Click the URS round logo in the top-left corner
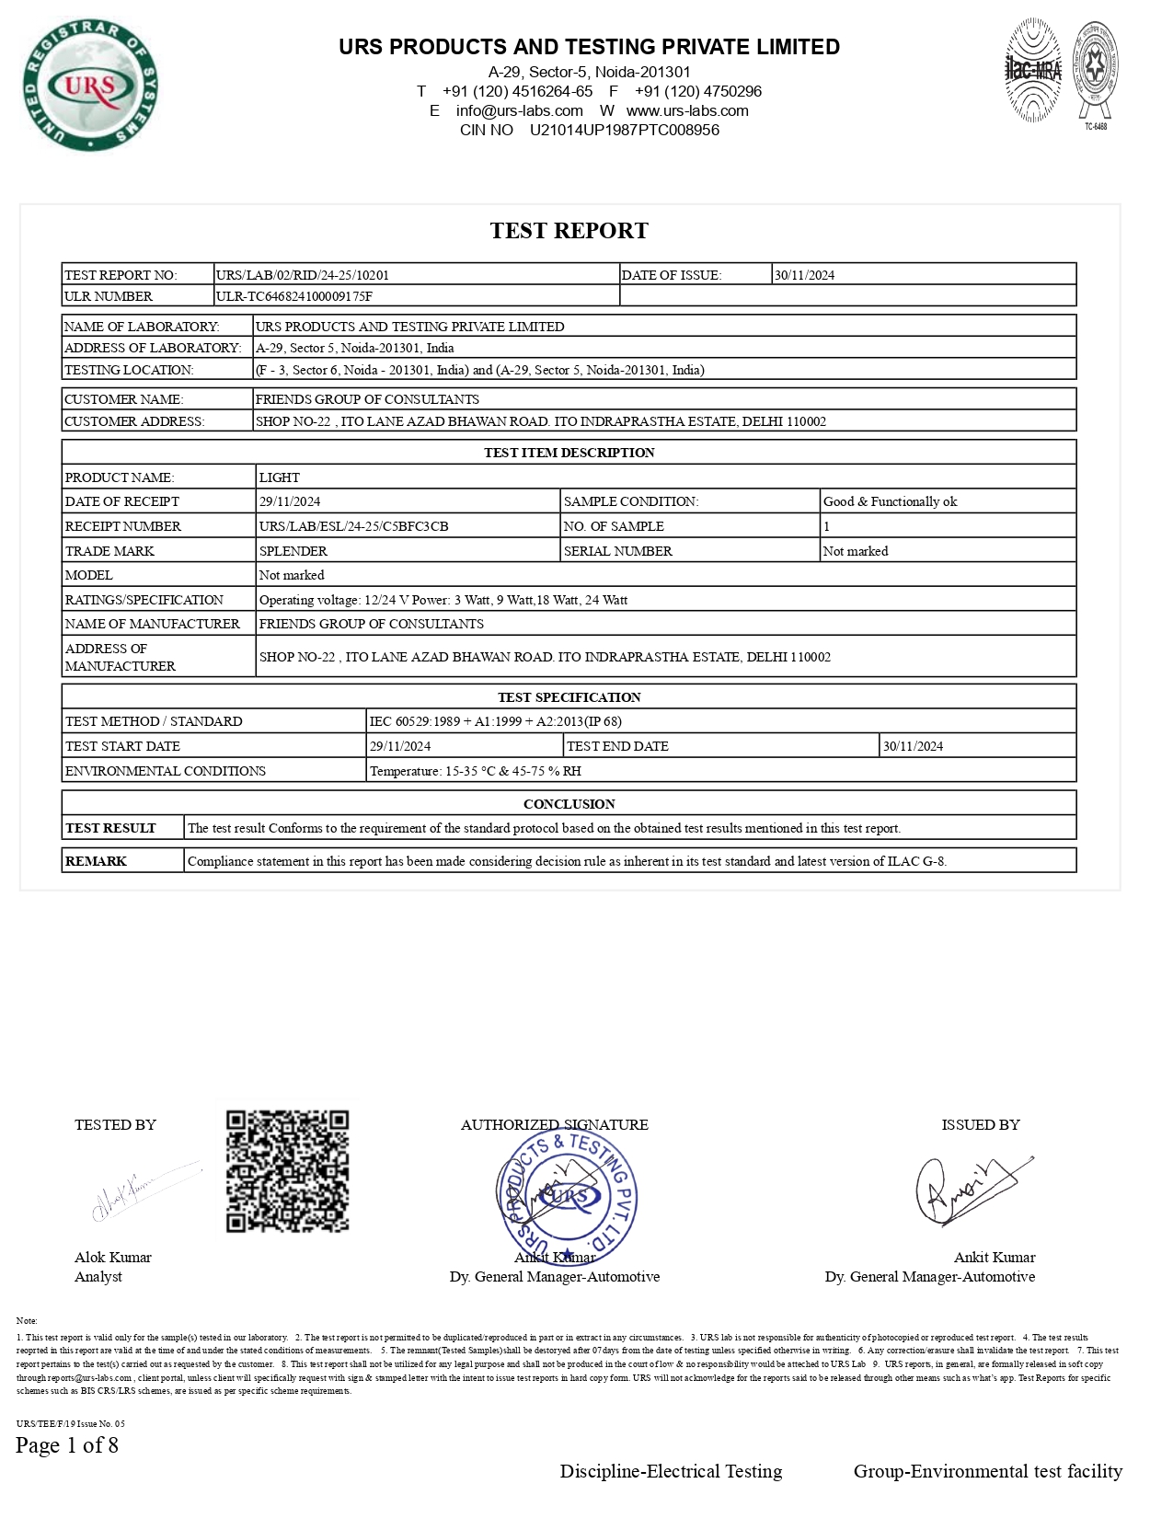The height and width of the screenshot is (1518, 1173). [90, 86]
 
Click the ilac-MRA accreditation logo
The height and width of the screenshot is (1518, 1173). [1032, 71]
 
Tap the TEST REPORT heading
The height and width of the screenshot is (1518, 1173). [569, 231]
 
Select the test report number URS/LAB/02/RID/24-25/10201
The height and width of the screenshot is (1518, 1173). [303, 275]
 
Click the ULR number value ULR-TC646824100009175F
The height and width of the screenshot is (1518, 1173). [294, 296]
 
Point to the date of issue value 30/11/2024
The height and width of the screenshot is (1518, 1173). [804, 275]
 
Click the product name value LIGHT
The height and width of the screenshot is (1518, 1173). [280, 477]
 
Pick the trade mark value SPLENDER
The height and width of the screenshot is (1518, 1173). [293, 551]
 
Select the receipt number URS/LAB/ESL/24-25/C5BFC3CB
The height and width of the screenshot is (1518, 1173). [354, 526]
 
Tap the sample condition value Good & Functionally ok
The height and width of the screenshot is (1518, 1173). [890, 501]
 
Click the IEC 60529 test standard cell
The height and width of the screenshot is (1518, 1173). [495, 721]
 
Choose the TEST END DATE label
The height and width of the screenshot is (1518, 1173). [617, 746]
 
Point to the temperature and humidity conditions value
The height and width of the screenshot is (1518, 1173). [475, 771]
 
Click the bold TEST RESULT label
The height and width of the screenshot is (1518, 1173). [110, 828]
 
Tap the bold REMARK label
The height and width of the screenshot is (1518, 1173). [96, 861]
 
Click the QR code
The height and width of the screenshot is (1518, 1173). [288, 1171]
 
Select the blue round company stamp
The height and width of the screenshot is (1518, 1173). [567, 1197]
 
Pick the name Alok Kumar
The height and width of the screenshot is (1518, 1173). [113, 1258]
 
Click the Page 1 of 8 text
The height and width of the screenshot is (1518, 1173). [67, 1445]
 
